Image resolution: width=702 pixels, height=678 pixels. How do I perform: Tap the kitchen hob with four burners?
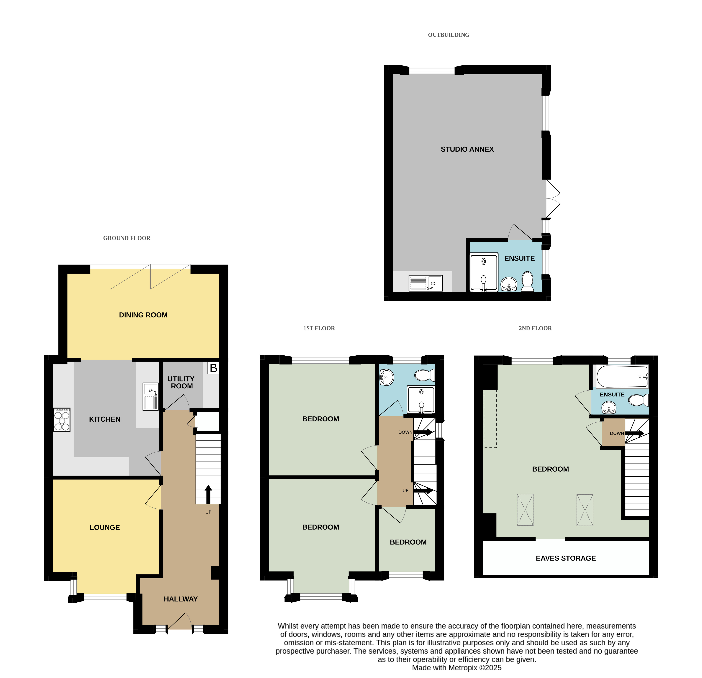coord(62,420)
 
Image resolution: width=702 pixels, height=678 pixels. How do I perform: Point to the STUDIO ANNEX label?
coord(467,149)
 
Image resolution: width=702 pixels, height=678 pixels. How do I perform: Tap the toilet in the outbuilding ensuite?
coord(527,281)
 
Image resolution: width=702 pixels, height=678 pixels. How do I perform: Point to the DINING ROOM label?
coord(143,315)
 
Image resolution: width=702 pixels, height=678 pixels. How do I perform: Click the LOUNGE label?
coord(105,527)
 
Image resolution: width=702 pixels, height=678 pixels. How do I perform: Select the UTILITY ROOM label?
coord(181,382)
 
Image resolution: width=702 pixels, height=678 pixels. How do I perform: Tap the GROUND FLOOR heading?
coord(127,238)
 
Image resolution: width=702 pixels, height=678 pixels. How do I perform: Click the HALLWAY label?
coord(181,599)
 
